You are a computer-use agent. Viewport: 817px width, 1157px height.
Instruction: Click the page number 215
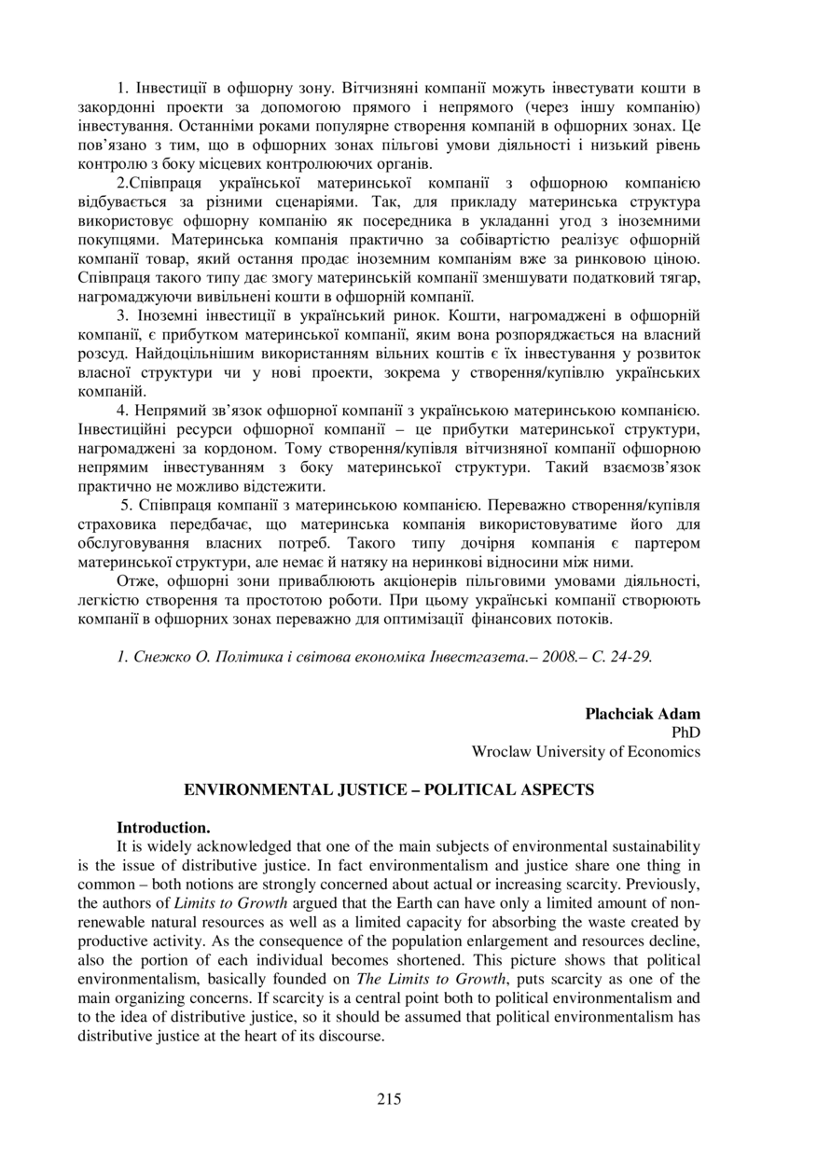390,1098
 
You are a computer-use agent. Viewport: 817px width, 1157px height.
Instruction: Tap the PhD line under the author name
685,732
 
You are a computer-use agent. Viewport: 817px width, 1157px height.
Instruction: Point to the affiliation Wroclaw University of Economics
586,751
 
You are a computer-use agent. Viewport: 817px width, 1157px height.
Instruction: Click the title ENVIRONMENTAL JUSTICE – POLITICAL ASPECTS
389,789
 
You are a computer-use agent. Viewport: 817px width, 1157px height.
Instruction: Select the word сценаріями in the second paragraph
355,202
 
